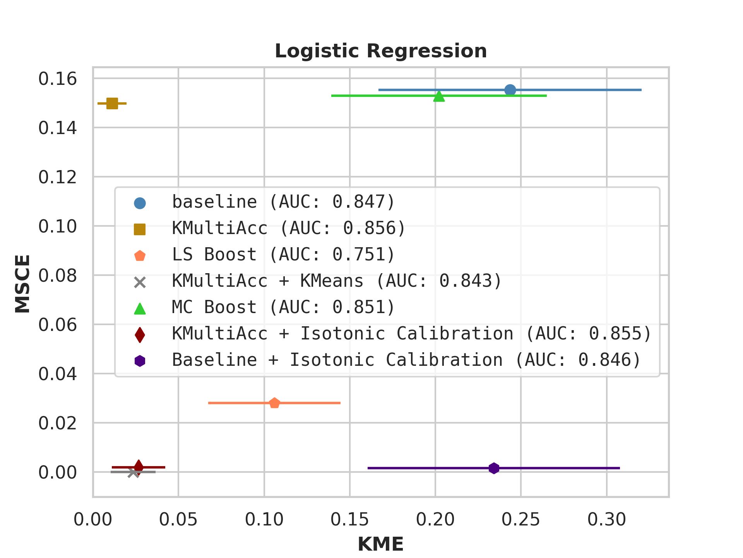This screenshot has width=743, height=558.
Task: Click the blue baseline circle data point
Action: coord(510,90)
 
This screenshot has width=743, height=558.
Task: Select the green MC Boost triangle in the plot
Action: coord(439,96)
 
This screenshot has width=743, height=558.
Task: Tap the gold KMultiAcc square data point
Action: coord(112,103)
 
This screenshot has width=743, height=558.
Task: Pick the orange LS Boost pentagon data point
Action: coord(274,403)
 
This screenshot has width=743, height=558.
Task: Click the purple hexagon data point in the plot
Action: coord(493,468)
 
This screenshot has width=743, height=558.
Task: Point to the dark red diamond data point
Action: coord(139,467)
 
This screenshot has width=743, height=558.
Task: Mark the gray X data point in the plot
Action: coord(133,472)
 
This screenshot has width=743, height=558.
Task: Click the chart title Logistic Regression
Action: coord(380,51)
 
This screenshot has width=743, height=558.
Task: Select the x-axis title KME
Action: coord(380,544)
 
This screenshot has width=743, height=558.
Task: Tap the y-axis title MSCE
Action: coord(22,283)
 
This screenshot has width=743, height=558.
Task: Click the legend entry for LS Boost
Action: coord(283,255)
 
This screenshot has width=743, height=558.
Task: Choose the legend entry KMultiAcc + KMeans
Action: coord(337,281)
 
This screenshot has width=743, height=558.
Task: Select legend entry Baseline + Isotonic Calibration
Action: coord(406,360)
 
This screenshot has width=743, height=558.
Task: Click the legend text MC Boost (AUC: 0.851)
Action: coord(283,307)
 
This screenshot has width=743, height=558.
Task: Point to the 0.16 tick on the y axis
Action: coord(58,79)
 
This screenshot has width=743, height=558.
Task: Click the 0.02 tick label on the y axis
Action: coord(58,423)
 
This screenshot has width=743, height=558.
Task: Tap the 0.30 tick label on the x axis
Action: coord(606,520)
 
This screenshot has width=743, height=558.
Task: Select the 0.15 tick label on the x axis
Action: coord(349,520)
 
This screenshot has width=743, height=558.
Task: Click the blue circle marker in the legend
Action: coord(140,203)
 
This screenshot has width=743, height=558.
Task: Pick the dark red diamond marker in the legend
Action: coord(140,334)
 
